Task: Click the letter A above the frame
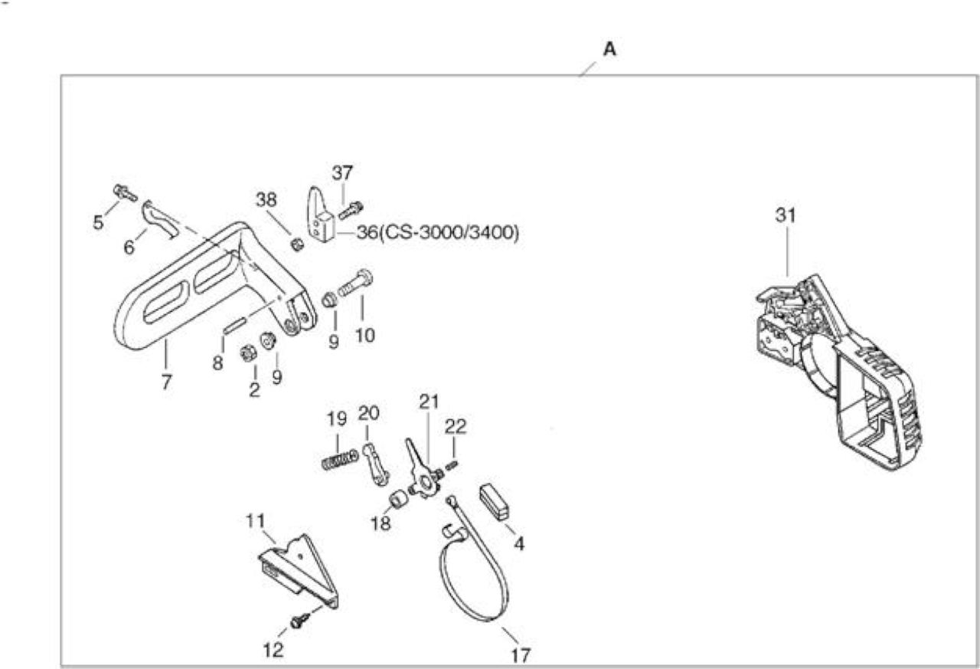coord(609,49)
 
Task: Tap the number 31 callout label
coord(786,215)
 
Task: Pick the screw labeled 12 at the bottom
coord(301,620)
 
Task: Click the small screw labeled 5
coord(125,192)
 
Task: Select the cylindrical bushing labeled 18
coord(398,499)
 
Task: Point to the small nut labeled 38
coord(298,244)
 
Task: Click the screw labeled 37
coord(351,210)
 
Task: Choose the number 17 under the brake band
coord(521,655)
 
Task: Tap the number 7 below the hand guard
coord(166,382)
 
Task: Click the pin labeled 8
coord(234,326)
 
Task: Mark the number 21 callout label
coord(429,402)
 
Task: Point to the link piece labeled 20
coord(375,465)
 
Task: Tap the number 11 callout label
coord(256,521)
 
